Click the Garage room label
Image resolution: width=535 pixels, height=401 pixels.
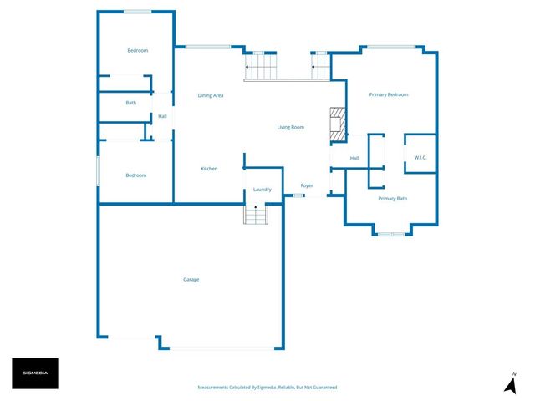click(x=191, y=279)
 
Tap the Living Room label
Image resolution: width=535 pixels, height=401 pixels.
click(x=291, y=127)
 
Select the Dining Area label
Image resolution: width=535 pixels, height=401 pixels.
click(x=210, y=95)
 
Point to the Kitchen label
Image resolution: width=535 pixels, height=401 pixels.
click(x=209, y=169)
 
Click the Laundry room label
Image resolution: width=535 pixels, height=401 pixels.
click(x=262, y=190)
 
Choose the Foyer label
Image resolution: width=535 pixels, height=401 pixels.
click(x=307, y=185)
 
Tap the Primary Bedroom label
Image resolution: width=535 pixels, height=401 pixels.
click(x=389, y=94)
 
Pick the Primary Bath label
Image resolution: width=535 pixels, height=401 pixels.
click(x=392, y=199)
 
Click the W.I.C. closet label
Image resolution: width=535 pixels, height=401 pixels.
click(x=420, y=158)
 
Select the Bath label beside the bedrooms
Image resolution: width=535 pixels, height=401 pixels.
click(x=131, y=103)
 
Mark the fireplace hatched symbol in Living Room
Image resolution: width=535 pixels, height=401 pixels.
click(x=336, y=123)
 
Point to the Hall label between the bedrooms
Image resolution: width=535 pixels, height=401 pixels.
click(x=162, y=116)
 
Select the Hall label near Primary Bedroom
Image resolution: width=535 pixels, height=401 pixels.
click(x=354, y=158)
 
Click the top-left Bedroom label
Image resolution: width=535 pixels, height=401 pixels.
click(x=137, y=51)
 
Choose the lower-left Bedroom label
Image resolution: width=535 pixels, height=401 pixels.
click(x=135, y=175)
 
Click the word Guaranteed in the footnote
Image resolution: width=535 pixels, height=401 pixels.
click(x=324, y=388)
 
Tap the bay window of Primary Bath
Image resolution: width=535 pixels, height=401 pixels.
click(x=391, y=233)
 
